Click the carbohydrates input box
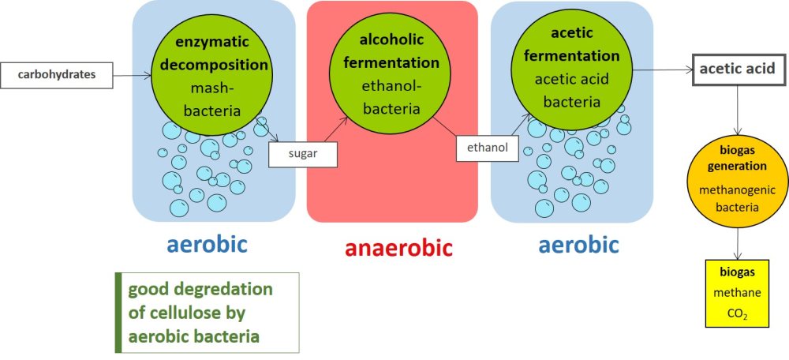[56, 76]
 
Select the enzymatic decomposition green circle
[211, 75]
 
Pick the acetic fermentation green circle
[571, 69]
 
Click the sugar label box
[302, 154]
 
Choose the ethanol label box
[487, 148]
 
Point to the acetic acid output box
[737, 69]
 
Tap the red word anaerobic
[399, 248]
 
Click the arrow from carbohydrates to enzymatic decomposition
[132, 76]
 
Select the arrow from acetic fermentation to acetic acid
[663, 70]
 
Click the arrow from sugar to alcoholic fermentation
[335, 129]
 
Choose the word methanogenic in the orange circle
[738, 190]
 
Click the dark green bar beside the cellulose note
[118, 312]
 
